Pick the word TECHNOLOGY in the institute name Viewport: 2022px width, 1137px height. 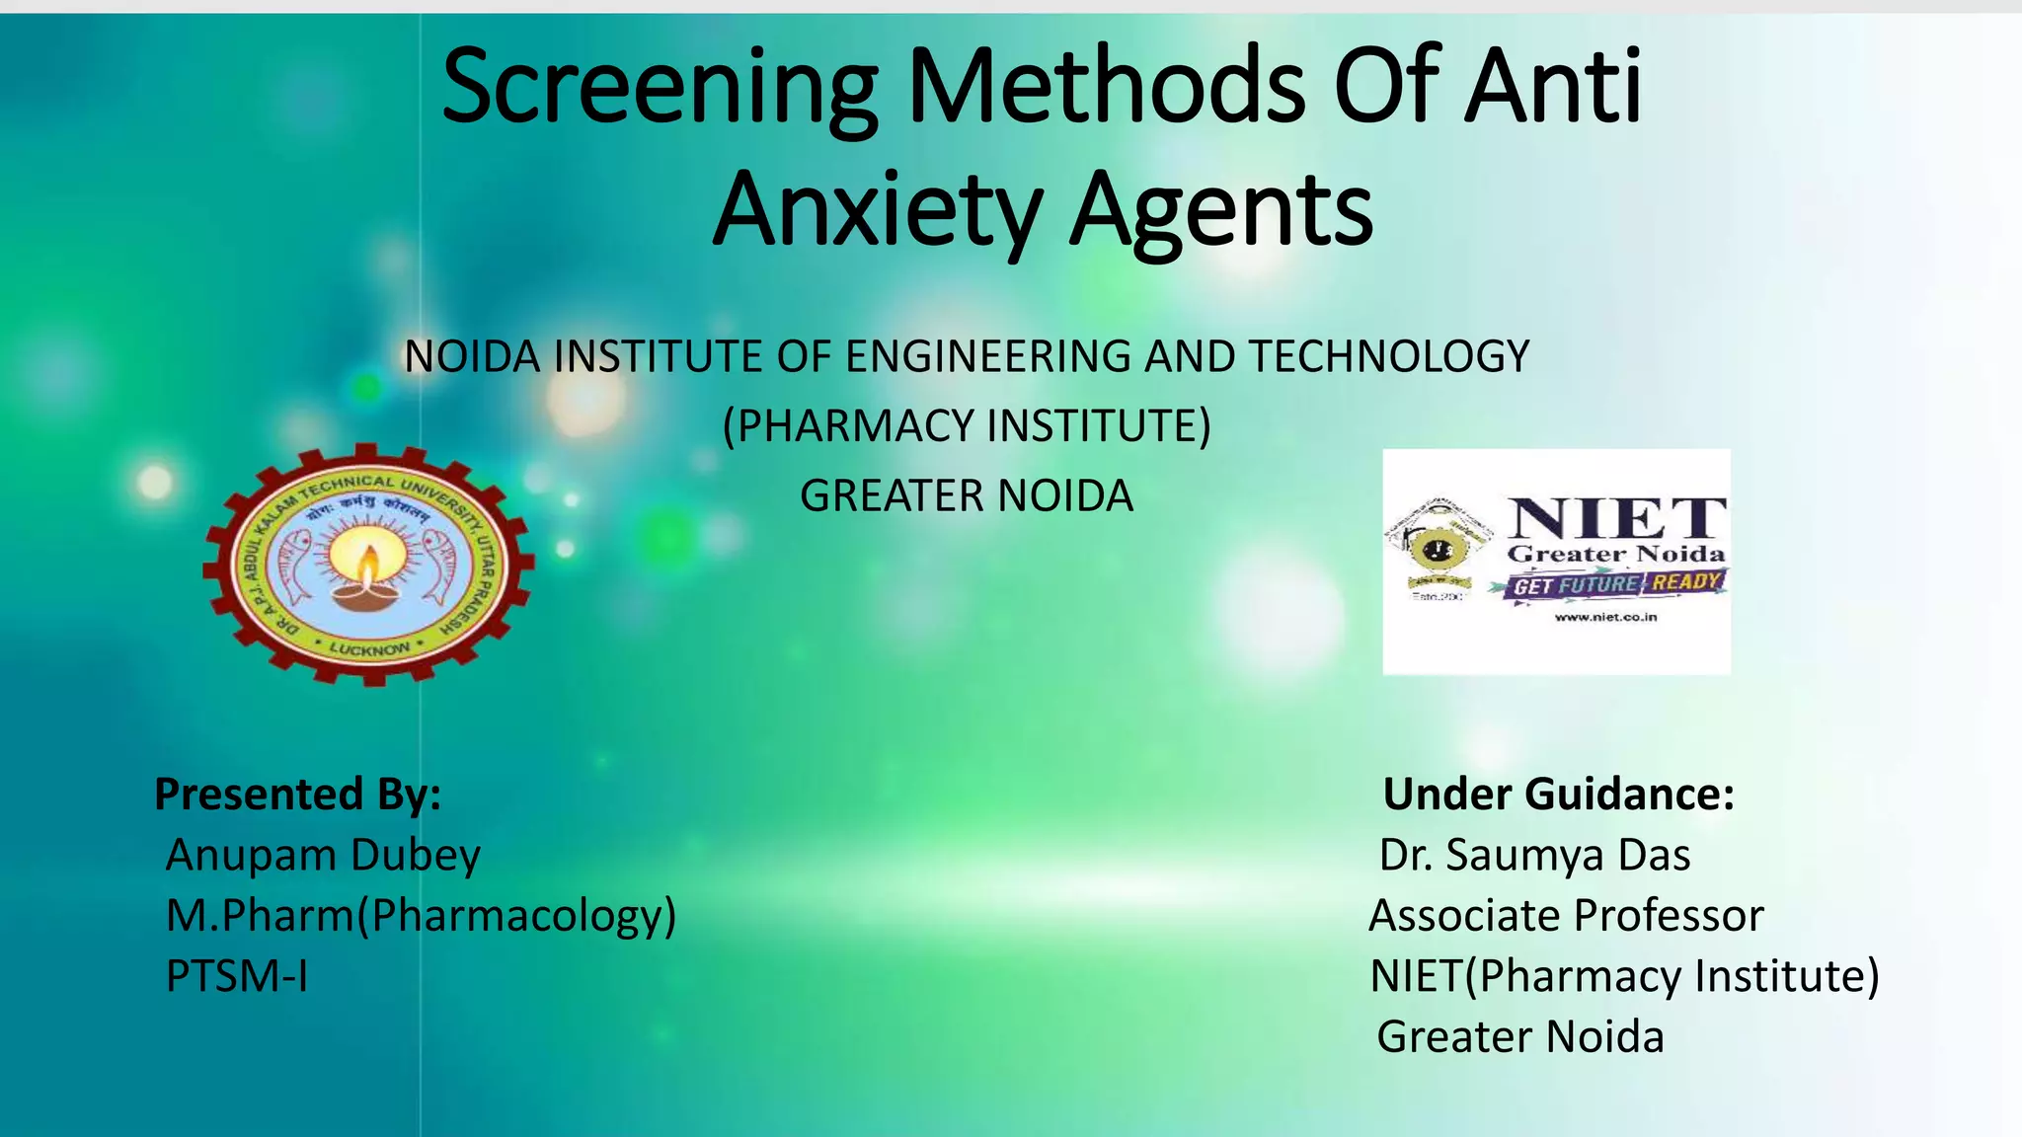[1389, 356]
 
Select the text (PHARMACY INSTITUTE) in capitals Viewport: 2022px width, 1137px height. [967, 426]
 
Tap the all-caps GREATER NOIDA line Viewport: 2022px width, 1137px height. [967, 495]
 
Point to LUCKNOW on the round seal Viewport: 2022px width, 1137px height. [369, 648]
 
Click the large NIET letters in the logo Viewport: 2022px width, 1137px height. [1616, 517]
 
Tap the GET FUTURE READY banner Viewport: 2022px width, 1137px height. [1617, 583]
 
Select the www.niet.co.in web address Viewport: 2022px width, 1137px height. [1605, 618]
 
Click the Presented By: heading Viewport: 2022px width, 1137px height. [297, 795]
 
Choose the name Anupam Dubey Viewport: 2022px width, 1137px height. [323, 855]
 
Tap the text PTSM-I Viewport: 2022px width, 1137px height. [237, 976]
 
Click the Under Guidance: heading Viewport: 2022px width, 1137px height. [1558, 795]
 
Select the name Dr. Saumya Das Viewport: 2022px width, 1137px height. [1534, 855]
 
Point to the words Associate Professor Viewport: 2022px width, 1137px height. [1566, 916]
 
